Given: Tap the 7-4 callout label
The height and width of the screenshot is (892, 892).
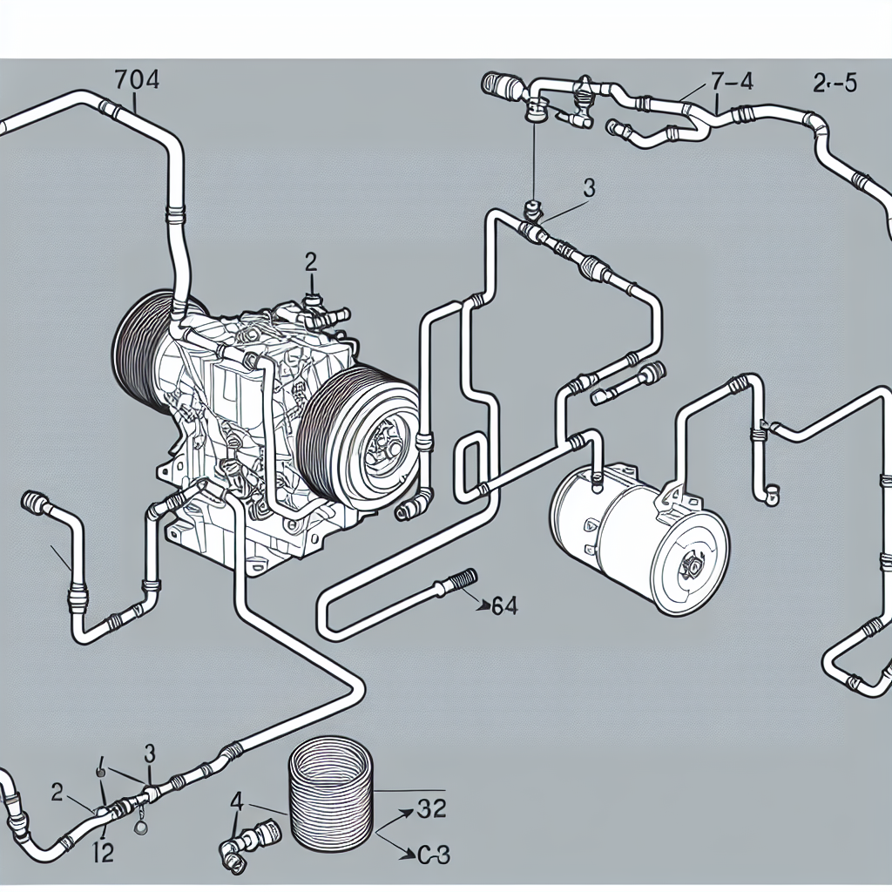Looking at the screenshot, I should click(x=732, y=84).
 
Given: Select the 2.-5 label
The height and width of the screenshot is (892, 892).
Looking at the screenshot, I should click(x=834, y=84).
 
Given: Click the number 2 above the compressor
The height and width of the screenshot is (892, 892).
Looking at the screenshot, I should click(x=310, y=260).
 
